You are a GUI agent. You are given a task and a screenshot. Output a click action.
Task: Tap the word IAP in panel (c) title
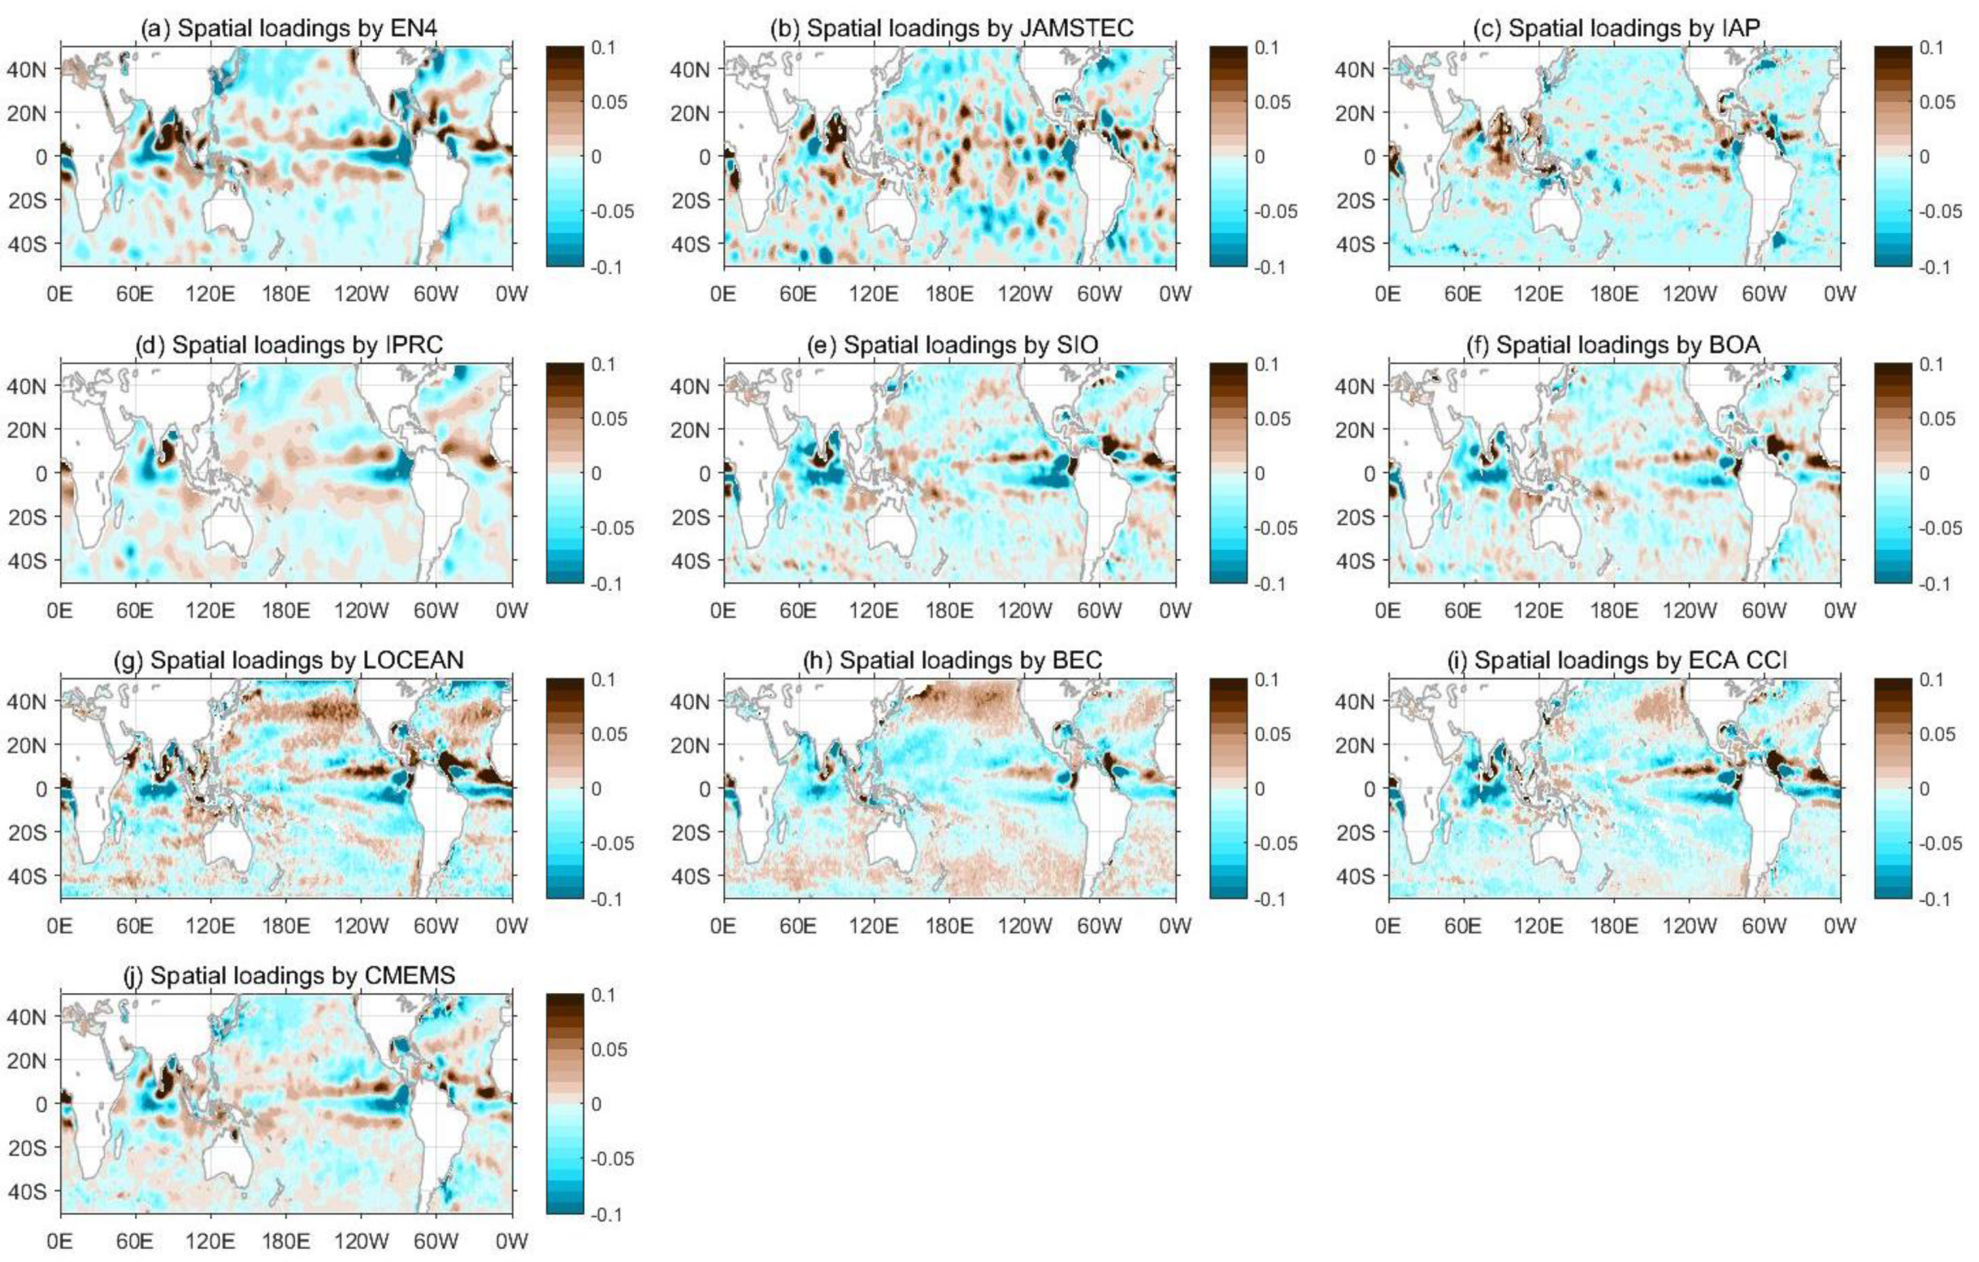pyautogui.click(x=1741, y=28)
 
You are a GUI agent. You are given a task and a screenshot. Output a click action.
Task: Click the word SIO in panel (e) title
pyautogui.click(x=1077, y=345)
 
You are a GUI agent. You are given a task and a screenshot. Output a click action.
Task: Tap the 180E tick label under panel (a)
pyautogui.click(x=285, y=293)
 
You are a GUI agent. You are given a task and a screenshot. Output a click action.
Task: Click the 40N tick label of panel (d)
pyautogui.click(x=26, y=385)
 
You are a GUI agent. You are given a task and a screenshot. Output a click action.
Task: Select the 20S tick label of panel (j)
pyautogui.click(x=26, y=1147)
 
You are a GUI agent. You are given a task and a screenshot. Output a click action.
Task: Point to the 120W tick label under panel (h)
pyautogui.click(x=1024, y=925)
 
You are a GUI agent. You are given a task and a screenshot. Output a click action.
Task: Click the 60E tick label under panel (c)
pyautogui.click(x=1463, y=293)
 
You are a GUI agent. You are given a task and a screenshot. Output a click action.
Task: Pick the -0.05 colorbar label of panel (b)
pyautogui.click(x=1274, y=211)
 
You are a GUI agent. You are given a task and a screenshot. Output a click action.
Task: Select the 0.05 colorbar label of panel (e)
pyautogui.click(x=1272, y=418)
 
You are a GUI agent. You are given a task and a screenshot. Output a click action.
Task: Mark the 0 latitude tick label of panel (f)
pyautogui.click(x=1369, y=473)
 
